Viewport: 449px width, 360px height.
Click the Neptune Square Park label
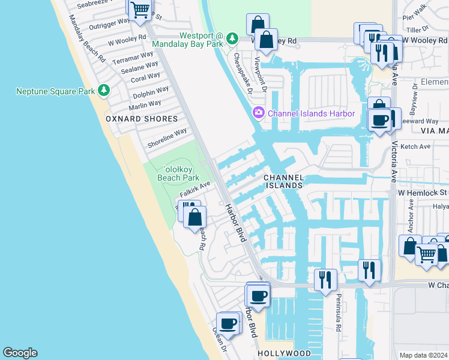(x=55, y=91)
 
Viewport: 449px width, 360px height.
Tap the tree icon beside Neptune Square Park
(x=104, y=91)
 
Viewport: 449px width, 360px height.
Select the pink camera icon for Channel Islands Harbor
(x=259, y=113)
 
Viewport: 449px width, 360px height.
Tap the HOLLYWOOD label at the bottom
(x=284, y=353)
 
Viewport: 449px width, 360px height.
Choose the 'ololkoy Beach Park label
(x=178, y=173)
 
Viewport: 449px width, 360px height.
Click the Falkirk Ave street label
(x=194, y=191)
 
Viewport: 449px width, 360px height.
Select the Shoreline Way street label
(x=167, y=137)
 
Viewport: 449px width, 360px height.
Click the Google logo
(x=20, y=353)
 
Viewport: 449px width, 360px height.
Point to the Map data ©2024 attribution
(x=423, y=355)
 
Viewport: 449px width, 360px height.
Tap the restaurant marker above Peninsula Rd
(x=325, y=280)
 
